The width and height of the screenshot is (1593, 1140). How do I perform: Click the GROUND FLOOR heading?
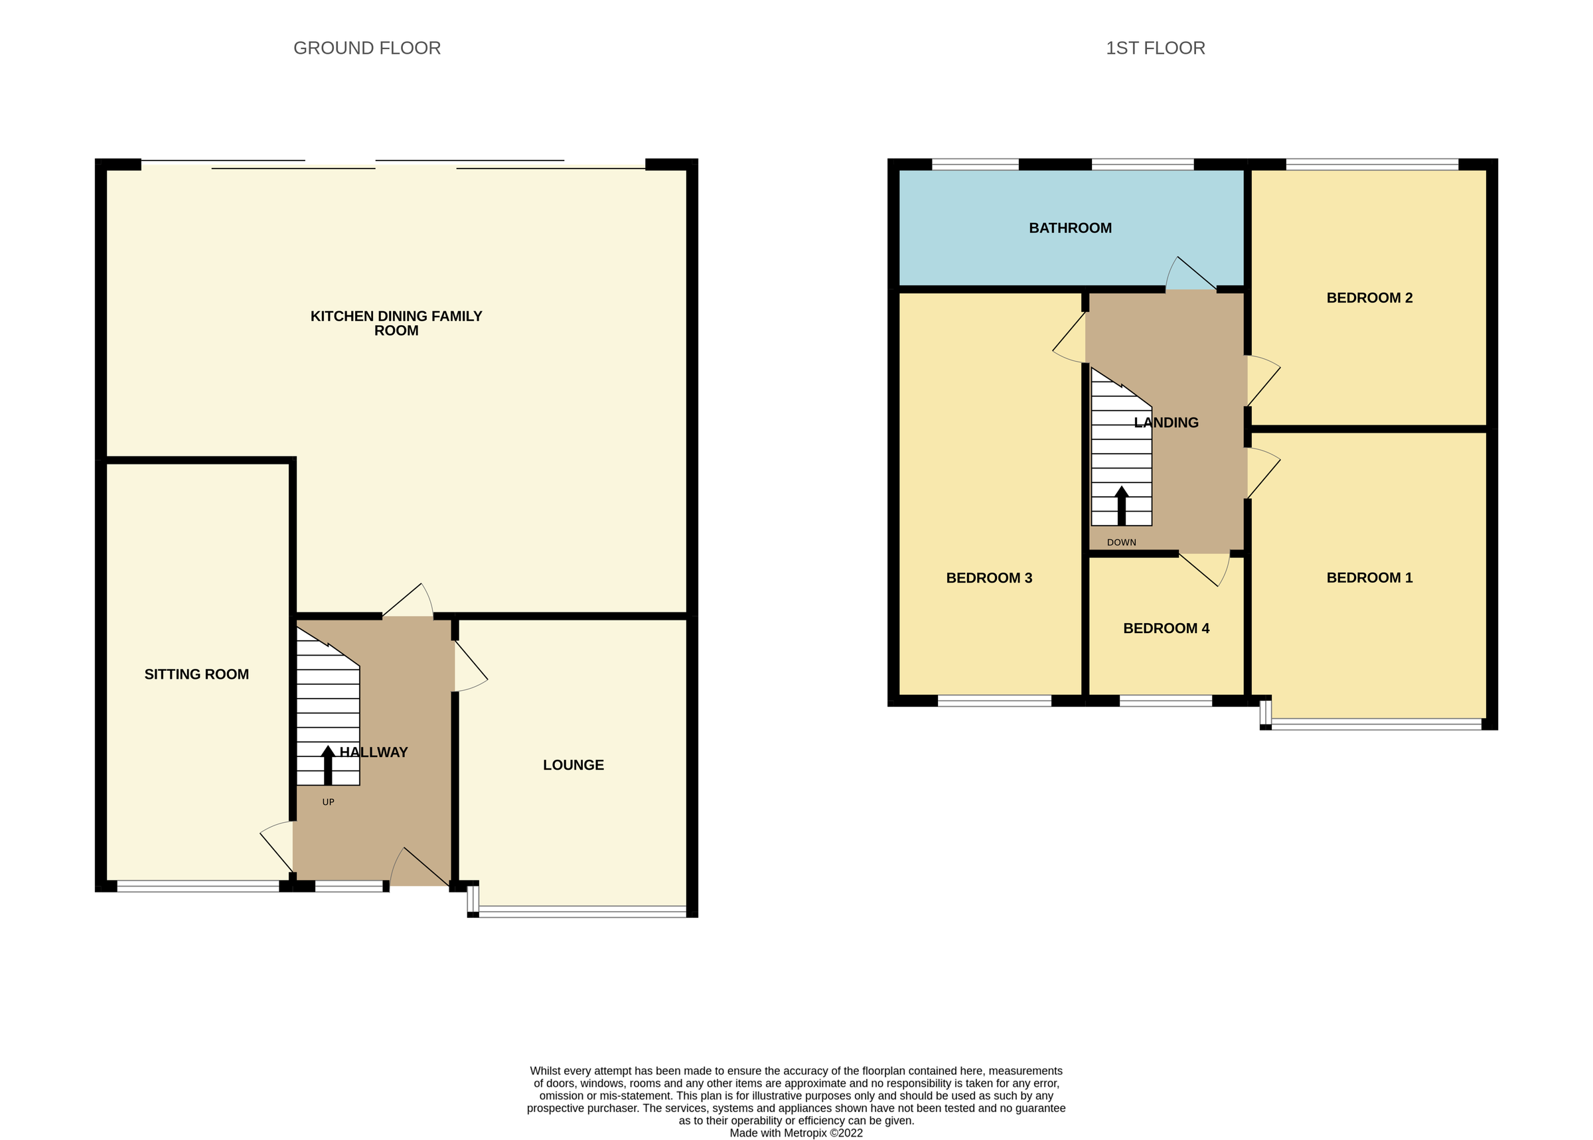coord(366,48)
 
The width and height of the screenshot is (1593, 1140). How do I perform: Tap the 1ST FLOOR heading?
coord(1155,48)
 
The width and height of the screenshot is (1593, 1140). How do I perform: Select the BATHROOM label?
coord(1070,228)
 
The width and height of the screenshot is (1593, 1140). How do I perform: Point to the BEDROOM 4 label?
coord(1166,628)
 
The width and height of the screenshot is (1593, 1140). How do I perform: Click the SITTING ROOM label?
coord(196,674)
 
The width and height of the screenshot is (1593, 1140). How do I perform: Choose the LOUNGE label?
coord(573,765)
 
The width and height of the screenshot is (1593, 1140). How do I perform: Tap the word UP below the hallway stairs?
coord(328,802)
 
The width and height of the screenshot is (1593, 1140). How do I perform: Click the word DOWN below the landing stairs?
coord(1120,542)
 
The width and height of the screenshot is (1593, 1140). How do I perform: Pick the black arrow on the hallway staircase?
coord(328,764)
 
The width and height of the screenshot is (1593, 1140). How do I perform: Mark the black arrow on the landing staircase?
coord(1121,505)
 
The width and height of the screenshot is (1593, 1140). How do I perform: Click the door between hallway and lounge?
coord(470,666)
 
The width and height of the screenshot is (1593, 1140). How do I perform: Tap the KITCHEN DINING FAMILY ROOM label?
coord(396,324)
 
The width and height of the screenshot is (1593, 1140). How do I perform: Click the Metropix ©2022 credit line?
coord(796,1132)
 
